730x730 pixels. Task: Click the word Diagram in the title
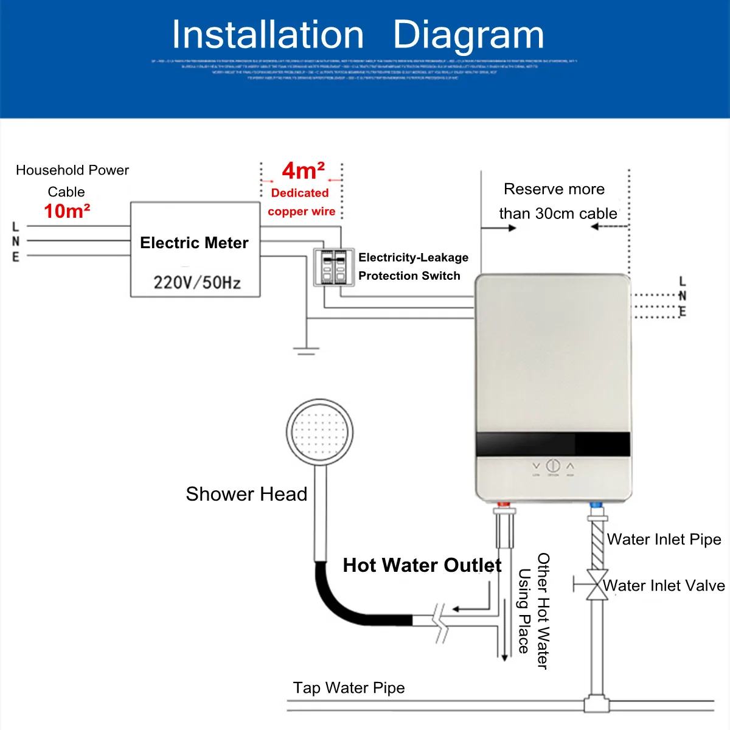468,35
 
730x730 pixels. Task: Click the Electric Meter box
195,249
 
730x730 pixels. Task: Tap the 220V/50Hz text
196,282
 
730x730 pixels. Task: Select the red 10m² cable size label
67,211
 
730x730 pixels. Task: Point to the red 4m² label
303,171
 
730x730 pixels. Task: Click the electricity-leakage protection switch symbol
333,266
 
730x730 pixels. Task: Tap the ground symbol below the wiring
306,350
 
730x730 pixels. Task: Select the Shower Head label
246,494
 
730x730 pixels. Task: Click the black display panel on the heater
552,443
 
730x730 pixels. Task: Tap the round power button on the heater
552,466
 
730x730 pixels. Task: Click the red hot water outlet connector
504,505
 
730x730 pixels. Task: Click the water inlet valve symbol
597,585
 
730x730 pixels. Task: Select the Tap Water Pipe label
349,688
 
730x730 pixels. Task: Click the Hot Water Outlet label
422,565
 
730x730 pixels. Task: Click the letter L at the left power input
16,228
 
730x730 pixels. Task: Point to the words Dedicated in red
300,193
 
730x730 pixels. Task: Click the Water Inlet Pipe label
664,540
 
